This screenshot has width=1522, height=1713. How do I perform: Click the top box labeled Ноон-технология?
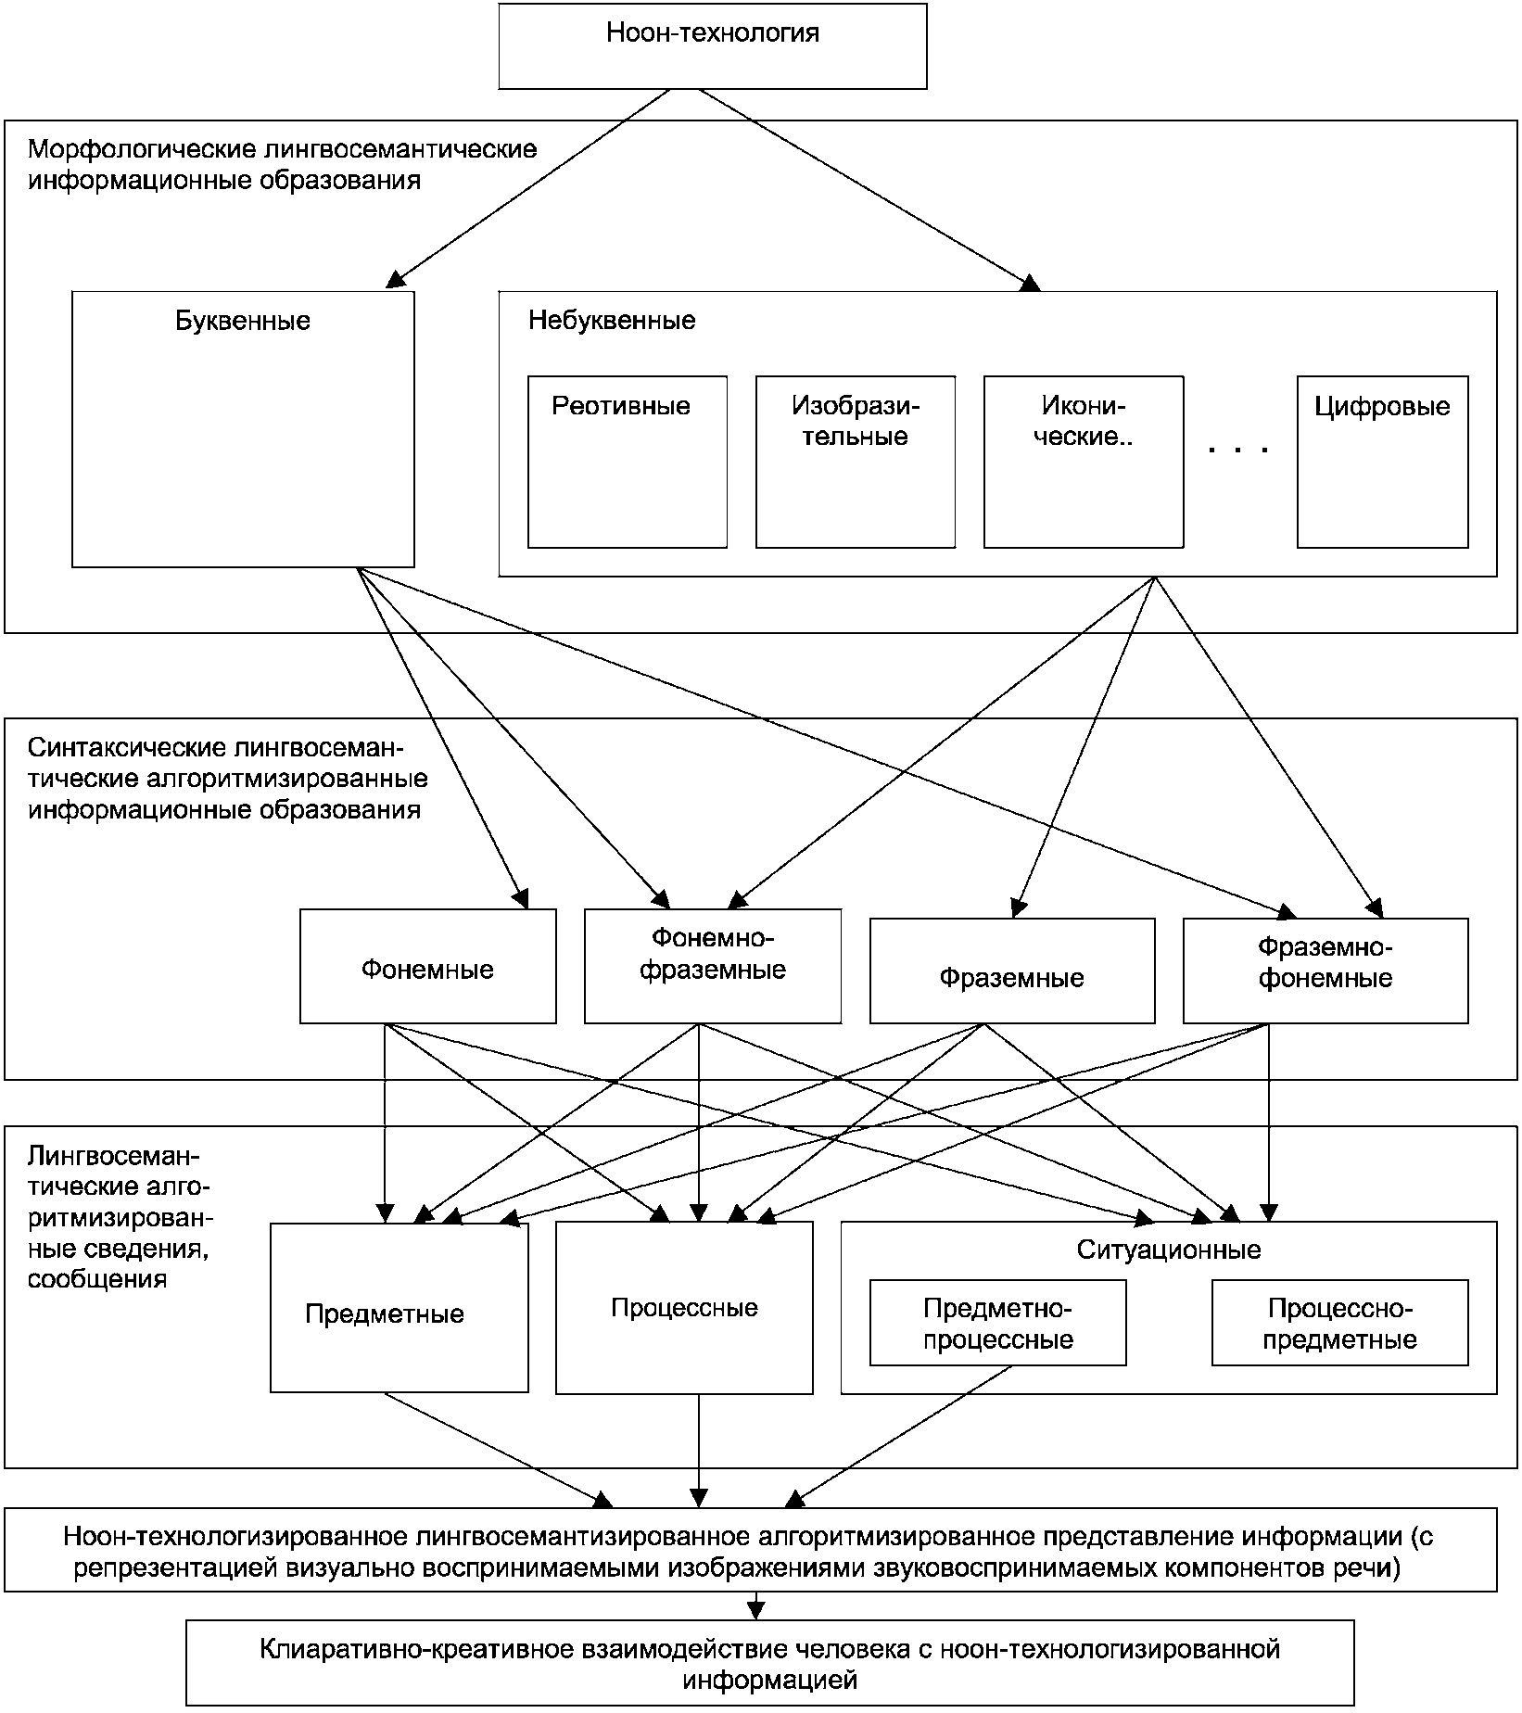point(713,45)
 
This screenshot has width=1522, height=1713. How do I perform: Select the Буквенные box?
point(243,429)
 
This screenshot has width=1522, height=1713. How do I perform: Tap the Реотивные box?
point(628,462)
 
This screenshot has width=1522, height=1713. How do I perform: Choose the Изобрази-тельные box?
point(856,462)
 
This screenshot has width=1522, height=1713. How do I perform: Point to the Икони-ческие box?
point(1084,462)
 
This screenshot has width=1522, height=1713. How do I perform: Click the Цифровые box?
point(1383,462)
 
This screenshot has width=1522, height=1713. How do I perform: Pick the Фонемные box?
point(428,966)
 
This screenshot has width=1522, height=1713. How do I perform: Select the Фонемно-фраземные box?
point(713,966)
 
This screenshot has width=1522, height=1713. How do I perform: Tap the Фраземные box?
point(1012,971)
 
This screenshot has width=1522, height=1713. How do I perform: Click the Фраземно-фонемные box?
point(1325,971)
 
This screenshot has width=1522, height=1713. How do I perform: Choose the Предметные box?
point(400,1307)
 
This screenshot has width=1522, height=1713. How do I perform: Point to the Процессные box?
point(684,1307)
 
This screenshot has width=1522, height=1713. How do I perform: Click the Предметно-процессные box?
point(998,1323)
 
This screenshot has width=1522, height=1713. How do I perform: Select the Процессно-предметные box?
point(1340,1323)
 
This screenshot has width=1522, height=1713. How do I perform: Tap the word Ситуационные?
point(1169,1250)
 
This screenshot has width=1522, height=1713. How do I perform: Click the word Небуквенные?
point(612,321)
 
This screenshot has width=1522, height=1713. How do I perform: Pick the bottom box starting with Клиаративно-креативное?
point(770,1663)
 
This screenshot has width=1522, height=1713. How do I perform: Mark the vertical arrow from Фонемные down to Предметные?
point(386,1123)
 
